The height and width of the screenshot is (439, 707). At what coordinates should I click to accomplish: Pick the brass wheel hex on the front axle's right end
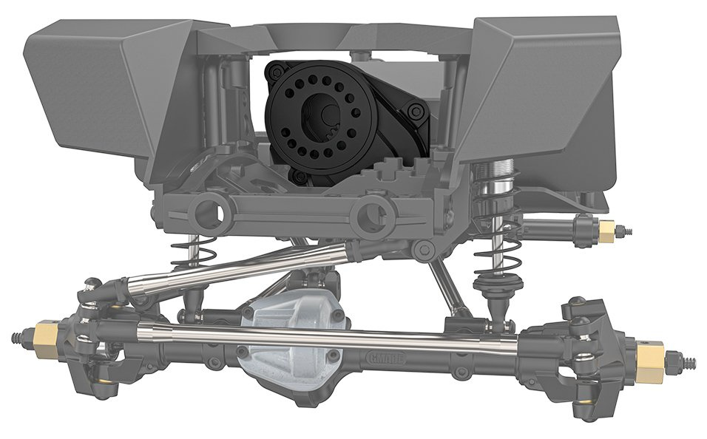[650, 359]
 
